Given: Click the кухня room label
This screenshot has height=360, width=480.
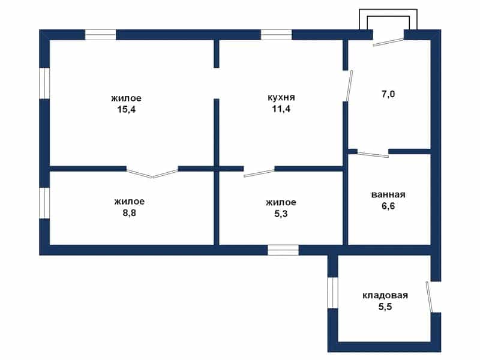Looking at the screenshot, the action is pos(281,97).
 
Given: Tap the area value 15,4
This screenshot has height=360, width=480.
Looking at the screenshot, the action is pos(127,109).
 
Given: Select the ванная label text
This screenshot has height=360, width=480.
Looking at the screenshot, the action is pos(388,194).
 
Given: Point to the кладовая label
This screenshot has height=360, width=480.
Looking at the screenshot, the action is pos(385,295).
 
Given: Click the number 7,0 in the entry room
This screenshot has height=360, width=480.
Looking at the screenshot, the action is pos(388,94).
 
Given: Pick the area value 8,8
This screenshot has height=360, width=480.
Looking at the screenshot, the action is pos(129,213).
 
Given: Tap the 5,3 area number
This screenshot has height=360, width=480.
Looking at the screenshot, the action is pos(281,214).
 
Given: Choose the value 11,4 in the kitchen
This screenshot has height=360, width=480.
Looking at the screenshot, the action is pos(281,109).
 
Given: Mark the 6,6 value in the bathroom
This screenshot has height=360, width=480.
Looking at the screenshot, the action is pos(388,206).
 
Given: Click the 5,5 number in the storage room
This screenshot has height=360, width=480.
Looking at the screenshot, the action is pos(385,307).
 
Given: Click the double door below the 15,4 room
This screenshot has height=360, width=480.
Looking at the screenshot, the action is pos(152,173).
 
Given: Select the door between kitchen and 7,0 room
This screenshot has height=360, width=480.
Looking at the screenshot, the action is pos(349,86).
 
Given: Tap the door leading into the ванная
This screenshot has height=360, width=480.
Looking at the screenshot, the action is pos(373,154).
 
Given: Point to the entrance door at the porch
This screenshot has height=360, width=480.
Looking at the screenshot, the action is pos(389,42).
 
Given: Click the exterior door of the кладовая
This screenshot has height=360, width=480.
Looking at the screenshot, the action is pos(429,297).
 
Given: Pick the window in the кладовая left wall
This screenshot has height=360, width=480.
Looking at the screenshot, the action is pos(333,293).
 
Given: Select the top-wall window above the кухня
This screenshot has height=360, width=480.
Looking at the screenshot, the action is pos(276,35).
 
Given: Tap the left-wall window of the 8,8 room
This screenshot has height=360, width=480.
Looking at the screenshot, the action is pos(44,203).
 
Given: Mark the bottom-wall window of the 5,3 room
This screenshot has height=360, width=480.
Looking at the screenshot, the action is pos(283,250).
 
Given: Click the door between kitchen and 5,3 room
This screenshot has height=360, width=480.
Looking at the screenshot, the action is pos(259,173).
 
